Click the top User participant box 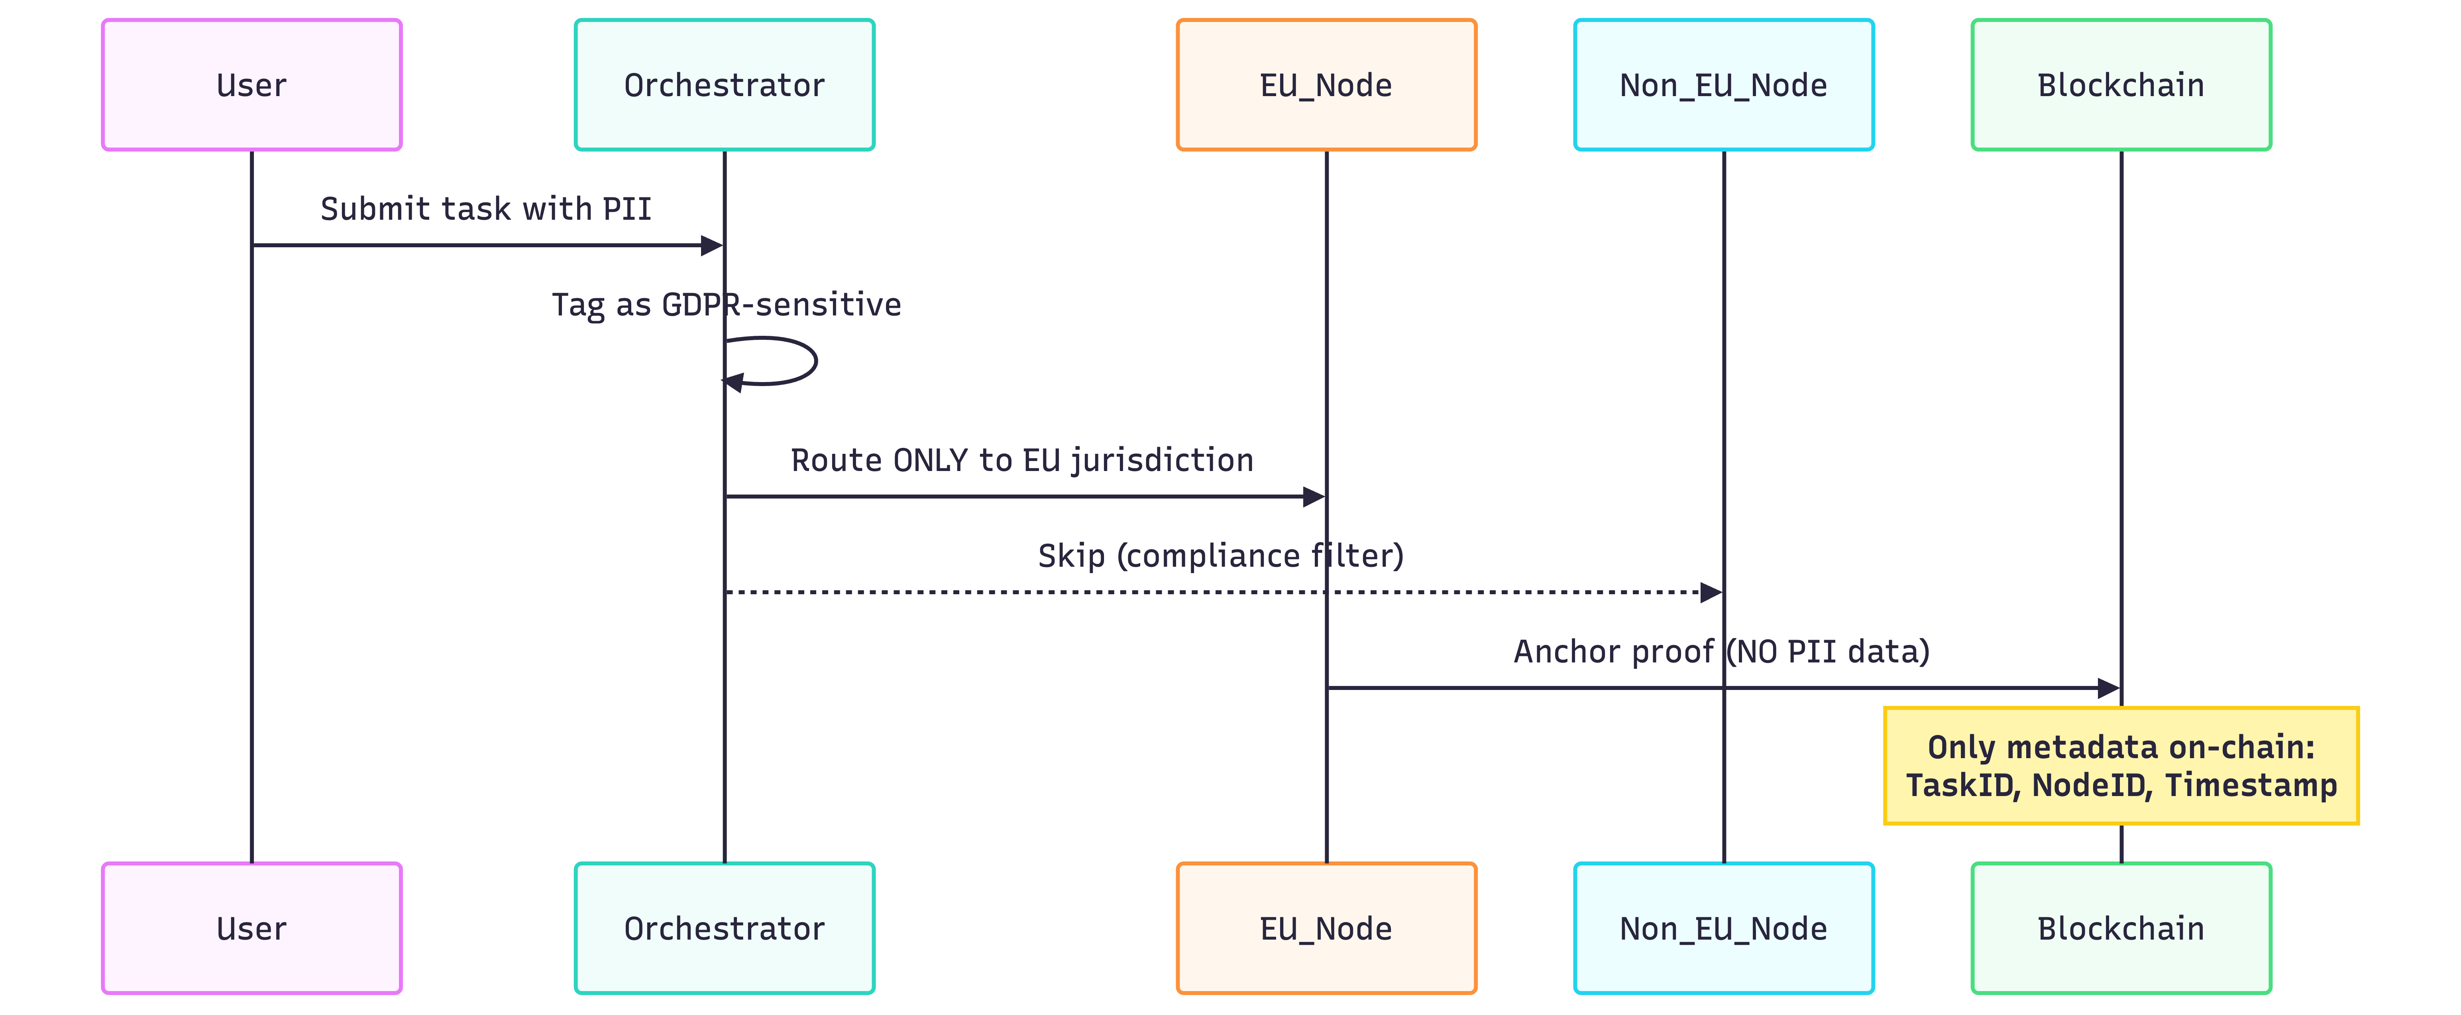click(251, 85)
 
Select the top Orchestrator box click(724, 85)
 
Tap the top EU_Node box click(1326, 85)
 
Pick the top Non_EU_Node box click(1723, 85)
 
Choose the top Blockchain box click(2121, 85)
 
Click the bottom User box click(251, 928)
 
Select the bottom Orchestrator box click(724, 928)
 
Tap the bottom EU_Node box click(1326, 928)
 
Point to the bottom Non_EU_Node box click(1723, 928)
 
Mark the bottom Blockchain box click(2121, 928)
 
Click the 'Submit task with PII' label click(485, 208)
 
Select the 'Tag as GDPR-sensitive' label click(726, 304)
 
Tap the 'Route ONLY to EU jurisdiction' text click(1021, 460)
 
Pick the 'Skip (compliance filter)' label click(1220, 555)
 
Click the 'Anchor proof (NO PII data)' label click(1722, 651)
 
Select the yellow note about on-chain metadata click(2121, 766)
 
